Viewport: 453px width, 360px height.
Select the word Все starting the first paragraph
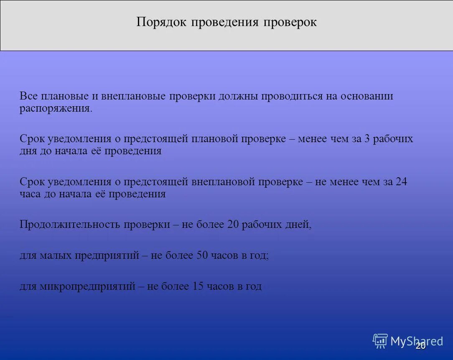pos(28,96)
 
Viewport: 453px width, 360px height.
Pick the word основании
pos(366,96)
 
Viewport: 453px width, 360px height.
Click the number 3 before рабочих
pos(367,139)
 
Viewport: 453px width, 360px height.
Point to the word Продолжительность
pos(70,225)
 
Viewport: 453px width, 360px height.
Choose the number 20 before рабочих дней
pos(232,225)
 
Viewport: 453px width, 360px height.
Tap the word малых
pos(56,255)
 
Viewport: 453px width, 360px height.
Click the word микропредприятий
pos(88,286)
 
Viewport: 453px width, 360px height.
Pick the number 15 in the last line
pos(197,286)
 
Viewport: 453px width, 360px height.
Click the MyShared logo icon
pos(380,341)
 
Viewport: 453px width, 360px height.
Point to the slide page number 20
pos(420,346)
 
